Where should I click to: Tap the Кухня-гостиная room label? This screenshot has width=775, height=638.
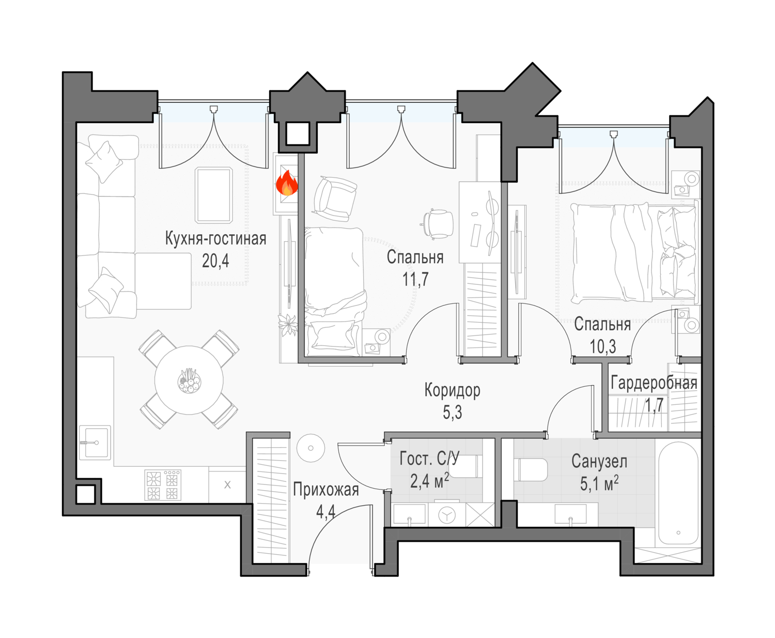[x=215, y=239]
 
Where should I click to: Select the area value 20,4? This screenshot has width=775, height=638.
[x=215, y=261]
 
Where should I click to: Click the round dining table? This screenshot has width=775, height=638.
[x=189, y=380]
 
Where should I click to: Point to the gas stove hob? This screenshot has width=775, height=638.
[x=163, y=484]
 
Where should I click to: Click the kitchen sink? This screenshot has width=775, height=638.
[x=95, y=443]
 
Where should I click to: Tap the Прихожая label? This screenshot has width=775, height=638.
[x=326, y=490]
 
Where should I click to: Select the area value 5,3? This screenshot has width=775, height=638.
[x=452, y=413]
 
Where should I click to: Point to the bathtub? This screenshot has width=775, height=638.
[x=678, y=493]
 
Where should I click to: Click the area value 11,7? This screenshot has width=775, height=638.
[x=415, y=279]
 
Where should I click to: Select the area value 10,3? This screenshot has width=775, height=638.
[x=602, y=346]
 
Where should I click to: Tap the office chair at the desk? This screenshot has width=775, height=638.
[x=437, y=224]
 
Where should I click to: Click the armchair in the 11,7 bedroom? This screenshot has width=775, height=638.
[x=334, y=199]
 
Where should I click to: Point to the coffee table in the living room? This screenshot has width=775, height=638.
[x=213, y=195]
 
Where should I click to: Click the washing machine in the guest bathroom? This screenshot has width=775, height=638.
[x=447, y=515]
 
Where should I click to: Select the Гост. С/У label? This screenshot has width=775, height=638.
[x=429, y=459]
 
